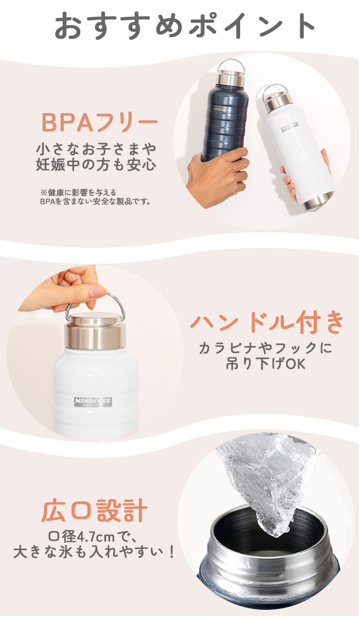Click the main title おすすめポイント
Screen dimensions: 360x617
185,25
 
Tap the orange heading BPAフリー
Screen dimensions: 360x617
99,122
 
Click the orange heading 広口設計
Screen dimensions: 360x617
94,511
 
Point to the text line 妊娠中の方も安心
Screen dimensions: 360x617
96,165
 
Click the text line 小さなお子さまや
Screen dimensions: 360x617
96,149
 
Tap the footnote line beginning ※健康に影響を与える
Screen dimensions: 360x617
79,192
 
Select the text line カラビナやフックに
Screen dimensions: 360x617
266,348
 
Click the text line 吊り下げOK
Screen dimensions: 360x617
265,364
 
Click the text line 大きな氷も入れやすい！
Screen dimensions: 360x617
94,552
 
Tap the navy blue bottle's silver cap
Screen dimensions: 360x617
231,77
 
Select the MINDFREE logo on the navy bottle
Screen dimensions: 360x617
222,107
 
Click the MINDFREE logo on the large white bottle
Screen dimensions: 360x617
93,403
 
